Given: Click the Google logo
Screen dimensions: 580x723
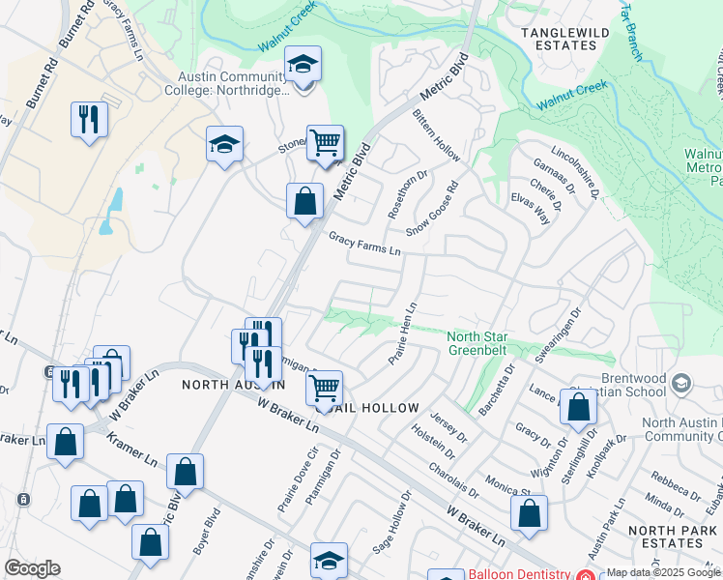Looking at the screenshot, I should click(32, 568).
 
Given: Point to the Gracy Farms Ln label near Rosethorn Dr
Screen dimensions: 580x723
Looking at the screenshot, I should click(364, 243).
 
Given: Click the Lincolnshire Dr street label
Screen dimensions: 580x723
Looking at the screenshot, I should click(576, 173).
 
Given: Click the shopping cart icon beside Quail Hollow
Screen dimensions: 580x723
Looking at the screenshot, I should click(325, 389).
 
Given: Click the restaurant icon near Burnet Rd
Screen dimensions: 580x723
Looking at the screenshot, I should click(89, 120).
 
